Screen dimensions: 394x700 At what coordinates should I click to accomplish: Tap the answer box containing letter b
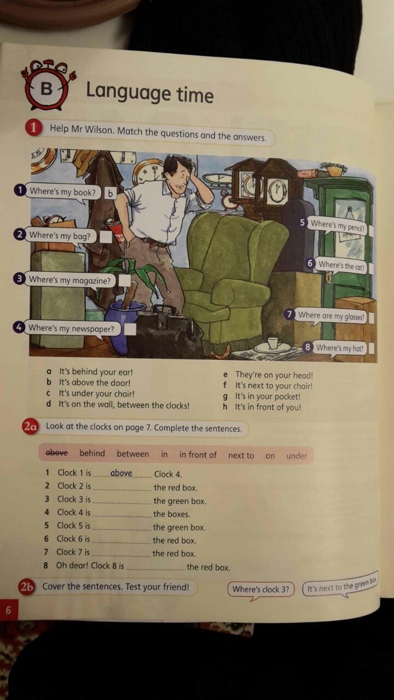point(110,194)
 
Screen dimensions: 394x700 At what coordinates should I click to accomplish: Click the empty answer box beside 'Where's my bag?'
point(106,237)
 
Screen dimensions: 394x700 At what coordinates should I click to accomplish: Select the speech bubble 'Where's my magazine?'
point(69,281)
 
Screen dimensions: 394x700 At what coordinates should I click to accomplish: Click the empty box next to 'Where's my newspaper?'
point(130,329)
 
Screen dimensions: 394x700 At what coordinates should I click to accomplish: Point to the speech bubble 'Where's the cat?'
point(341,266)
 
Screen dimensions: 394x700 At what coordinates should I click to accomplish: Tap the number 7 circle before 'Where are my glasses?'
point(290,314)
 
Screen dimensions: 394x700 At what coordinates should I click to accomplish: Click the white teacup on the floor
point(273,343)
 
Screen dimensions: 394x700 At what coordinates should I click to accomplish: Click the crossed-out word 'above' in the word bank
point(56,452)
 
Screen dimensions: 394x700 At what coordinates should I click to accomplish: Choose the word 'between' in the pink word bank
point(133,454)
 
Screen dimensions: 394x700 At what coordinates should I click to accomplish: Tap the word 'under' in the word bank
point(297,456)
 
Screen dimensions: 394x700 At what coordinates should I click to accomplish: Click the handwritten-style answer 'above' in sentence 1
point(121,473)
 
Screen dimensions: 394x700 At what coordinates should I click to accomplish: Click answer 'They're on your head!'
point(274,375)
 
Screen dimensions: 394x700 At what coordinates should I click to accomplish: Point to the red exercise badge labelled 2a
point(30,427)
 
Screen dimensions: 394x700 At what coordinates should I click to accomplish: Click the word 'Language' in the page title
point(128,92)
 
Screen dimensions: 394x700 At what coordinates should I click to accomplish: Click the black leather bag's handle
point(164,309)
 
